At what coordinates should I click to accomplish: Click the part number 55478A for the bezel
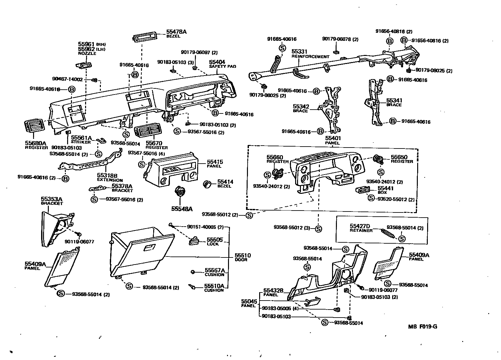tap(176, 32)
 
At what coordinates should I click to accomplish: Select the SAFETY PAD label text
tap(223, 67)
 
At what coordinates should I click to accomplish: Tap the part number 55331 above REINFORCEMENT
tap(299, 51)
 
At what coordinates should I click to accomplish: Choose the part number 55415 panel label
tap(215, 162)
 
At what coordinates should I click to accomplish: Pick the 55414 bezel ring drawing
tap(207, 184)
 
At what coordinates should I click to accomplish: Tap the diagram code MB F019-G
tap(423, 327)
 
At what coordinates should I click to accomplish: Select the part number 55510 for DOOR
tap(243, 256)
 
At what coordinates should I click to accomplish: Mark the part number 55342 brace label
tap(301, 106)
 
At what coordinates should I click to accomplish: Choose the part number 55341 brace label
tap(394, 100)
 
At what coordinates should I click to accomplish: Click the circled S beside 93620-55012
tap(371, 198)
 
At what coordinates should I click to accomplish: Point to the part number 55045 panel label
tap(250, 301)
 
